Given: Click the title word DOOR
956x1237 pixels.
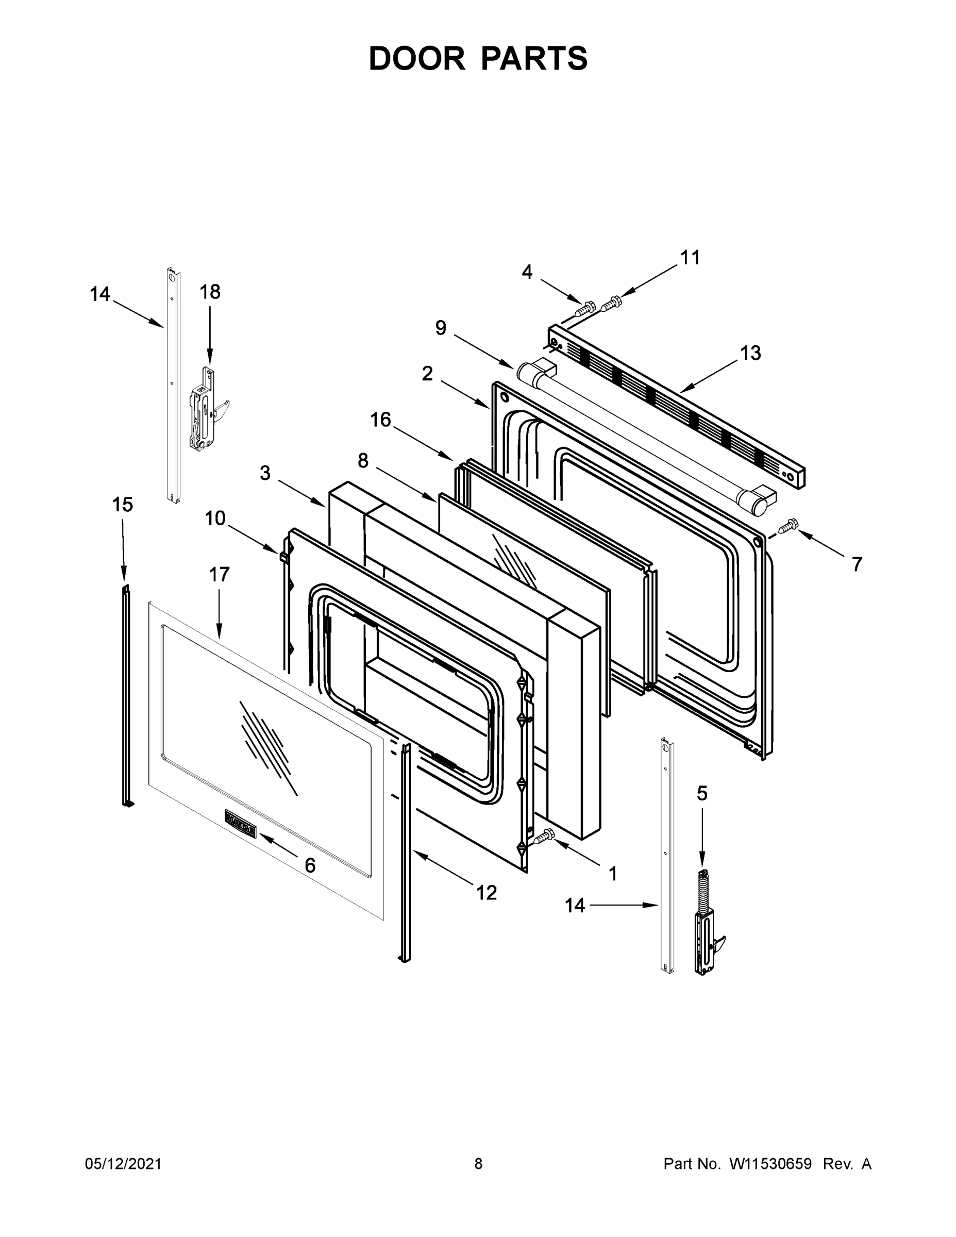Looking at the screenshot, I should (x=416, y=58).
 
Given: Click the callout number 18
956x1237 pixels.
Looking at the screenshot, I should (x=210, y=292).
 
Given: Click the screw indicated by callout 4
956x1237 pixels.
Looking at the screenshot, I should (x=585, y=309).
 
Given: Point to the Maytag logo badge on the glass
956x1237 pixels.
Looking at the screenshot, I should (x=241, y=831).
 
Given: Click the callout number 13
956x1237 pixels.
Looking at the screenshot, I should (x=750, y=354).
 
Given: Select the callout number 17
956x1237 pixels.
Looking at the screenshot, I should (x=219, y=574).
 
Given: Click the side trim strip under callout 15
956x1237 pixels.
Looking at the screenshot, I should (x=126, y=694).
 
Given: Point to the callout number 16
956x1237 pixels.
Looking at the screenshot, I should (x=380, y=420).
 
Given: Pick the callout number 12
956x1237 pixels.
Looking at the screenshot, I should (x=487, y=893).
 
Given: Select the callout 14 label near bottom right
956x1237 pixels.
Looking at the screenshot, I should (x=574, y=906).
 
